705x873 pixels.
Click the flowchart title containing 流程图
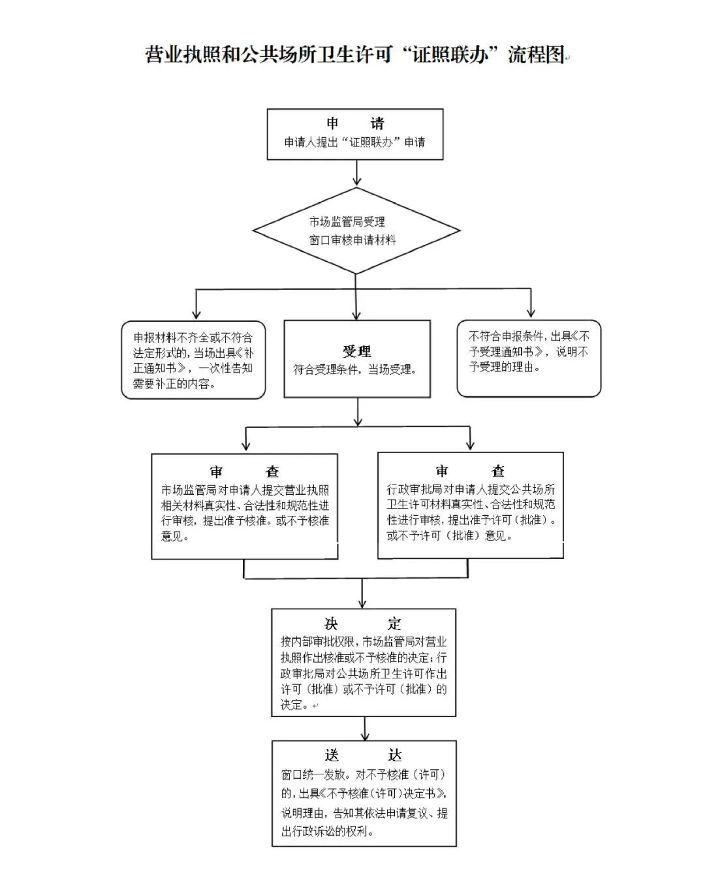point(354,54)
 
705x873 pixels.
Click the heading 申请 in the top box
point(355,123)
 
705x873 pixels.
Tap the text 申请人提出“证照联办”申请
point(354,142)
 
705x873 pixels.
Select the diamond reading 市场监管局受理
point(356,230)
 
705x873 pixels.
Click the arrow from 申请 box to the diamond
point(357,172)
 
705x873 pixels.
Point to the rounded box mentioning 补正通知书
point(193,359)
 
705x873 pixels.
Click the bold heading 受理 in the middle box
point(357,351)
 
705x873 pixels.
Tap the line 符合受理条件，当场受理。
point(354,370)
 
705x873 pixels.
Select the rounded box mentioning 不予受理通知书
point(529,358)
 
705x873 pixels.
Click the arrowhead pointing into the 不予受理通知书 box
point(531,313)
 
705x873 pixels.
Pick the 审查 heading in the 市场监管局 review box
point(245,471)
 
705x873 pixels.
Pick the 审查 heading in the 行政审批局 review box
point(470,471)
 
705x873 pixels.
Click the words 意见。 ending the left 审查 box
point(175,536)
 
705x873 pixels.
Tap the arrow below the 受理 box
point(358,411)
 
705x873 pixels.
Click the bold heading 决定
point(362,624)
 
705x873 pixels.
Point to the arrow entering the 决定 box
point(362,594)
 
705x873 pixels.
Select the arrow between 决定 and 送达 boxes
point(365,729)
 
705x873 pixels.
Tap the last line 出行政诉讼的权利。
point(327,831)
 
